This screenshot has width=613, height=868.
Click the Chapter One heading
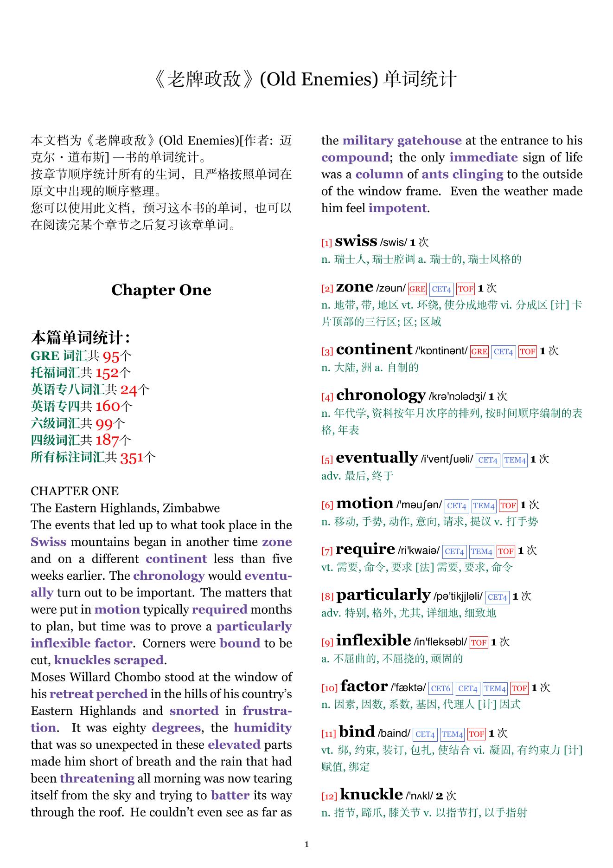(161, 290)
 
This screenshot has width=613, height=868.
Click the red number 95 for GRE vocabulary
(111, 356)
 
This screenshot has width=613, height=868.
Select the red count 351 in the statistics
(132, 458)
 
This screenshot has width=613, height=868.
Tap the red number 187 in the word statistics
(107, 440)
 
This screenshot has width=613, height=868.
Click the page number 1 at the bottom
(306, 844)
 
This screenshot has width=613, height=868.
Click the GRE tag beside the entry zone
(417, 289)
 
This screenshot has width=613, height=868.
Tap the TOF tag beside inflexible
(479, 643)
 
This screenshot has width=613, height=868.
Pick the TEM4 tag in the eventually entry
(515, 460)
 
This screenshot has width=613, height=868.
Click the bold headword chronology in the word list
(381, 395)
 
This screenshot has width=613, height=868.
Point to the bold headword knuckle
(371, 794)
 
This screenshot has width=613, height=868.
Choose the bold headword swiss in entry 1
(356, 241)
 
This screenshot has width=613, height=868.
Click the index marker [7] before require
(327, 551)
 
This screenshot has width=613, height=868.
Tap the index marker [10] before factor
(329, 688)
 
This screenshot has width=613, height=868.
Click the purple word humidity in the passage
(262, 728)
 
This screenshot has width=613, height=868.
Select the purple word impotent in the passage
(397, 208)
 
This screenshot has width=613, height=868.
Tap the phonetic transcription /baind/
(394, 733)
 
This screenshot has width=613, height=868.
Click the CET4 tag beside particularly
(497, 597)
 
